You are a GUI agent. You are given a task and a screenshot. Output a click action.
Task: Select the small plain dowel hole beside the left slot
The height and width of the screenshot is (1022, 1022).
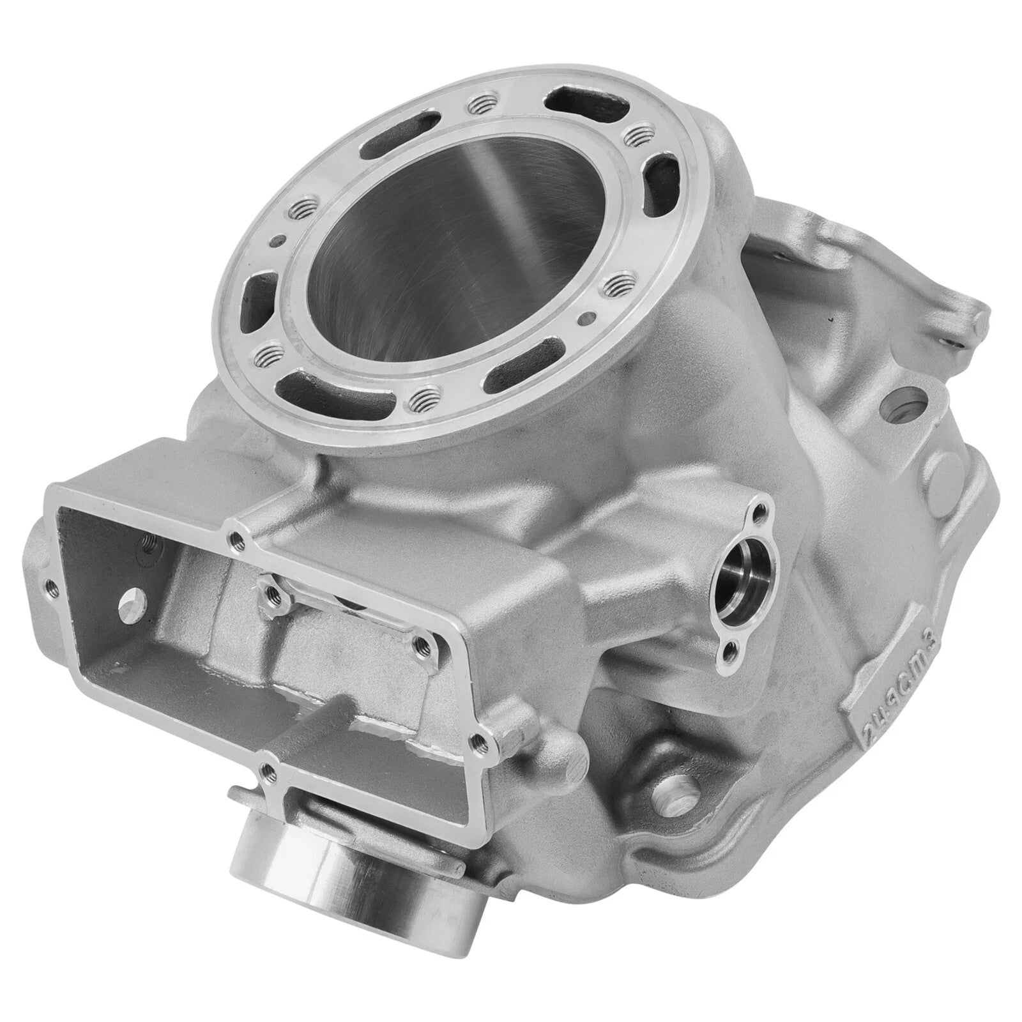tap(275, 241)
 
